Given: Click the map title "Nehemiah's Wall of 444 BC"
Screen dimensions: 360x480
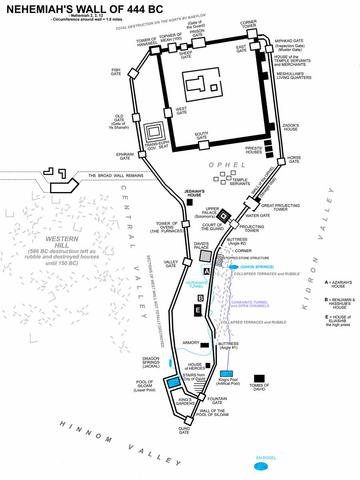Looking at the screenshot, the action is point(85,10).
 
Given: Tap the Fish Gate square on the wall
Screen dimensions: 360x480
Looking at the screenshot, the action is point(133,74).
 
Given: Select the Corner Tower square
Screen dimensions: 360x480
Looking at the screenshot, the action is point(252,34).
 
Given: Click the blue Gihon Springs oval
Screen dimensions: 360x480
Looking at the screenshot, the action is point(234,267).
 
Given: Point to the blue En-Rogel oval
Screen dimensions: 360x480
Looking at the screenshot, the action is point(261,467).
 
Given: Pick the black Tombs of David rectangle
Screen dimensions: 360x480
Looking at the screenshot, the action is point(259,378).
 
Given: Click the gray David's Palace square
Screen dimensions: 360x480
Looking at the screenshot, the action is point(206,256).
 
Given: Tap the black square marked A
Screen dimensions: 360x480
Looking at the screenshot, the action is point(206,271).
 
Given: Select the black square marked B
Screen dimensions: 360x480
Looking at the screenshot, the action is point(200,298).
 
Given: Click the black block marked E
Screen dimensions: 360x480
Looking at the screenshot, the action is point(198,310).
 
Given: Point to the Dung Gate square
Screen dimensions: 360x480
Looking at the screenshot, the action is point(189,420).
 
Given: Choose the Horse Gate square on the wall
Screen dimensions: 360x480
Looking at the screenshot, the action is point(281,162).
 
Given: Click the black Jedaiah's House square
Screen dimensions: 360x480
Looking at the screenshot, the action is point(190,202).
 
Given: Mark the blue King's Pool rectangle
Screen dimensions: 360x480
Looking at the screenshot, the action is point(226,374).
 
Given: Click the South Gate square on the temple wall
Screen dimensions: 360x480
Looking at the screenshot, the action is point(204,145).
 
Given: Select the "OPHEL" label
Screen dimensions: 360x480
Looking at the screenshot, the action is point(227,165).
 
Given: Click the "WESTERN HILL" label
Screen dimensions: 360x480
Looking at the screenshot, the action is point(62,242).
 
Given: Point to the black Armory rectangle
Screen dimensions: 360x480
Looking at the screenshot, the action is point(204,345).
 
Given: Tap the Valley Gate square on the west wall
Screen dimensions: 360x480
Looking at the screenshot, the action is point(187,262).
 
